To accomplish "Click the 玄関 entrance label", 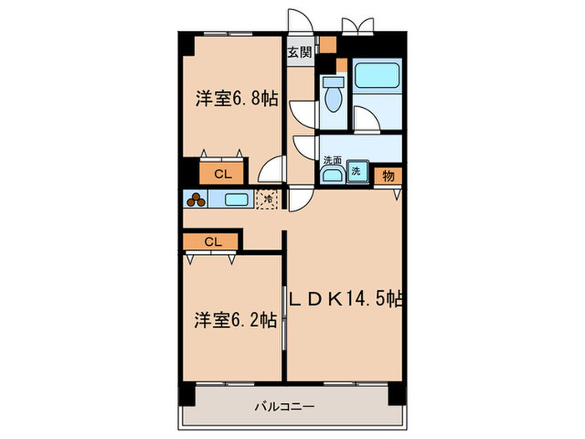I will (x=300, y=52).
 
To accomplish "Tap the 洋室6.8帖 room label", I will (x=237, y=99).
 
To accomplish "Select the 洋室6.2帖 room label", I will (x=236, y=319).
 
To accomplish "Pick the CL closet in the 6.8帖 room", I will (x=221, y=174).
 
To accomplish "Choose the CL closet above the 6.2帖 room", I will (x=212, y=242).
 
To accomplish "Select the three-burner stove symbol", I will (x=197, y=200).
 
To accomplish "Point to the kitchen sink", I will (x=236, y=200).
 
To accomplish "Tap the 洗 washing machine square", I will (x=357, y=171).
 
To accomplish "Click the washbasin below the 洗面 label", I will (x=332, y=174).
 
